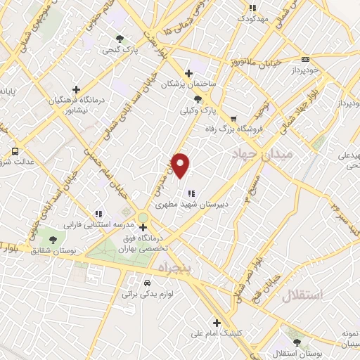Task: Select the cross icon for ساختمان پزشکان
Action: [188, 73]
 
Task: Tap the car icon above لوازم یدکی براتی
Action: [146, 283]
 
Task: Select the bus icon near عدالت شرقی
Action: [15, 150]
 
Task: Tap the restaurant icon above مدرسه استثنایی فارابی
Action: [99, 213]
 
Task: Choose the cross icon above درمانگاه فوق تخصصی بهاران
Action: [143, 227]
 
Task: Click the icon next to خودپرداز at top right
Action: [304, 60]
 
